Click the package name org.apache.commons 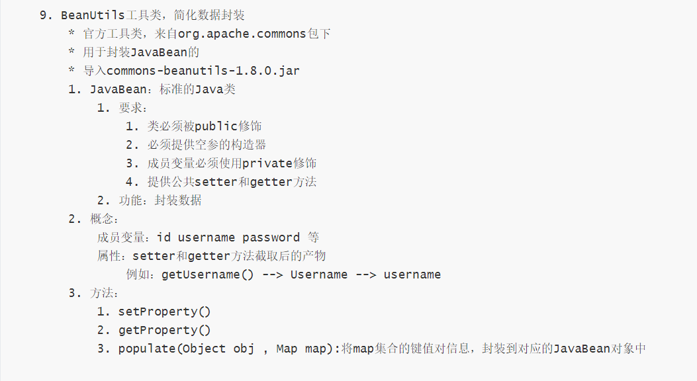pos(242,34)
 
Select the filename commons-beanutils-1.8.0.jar pos(203,71)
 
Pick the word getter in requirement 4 pos(271,182)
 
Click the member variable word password pos(270,237)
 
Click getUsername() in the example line pos(207,275)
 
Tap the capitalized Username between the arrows pos(318,275)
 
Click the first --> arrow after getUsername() pos(272,275)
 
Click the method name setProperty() pos(163,312)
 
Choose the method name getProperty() pos(163,330)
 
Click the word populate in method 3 pos(147,349)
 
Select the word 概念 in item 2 pos(102,219)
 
